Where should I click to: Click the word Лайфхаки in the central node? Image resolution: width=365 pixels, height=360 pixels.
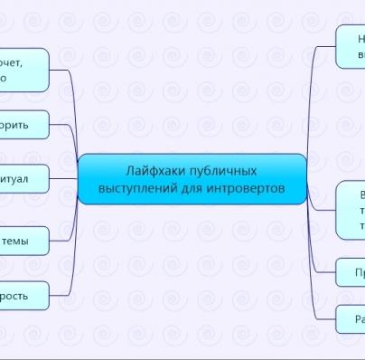click(149, 170)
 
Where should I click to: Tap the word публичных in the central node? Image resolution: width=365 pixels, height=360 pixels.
click(218, 170)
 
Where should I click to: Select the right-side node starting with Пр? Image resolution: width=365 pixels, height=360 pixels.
click(351, 271)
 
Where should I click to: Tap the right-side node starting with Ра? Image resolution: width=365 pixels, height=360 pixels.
click(351, 318)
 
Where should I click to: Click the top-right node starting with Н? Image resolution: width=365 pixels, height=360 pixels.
click(351, 45)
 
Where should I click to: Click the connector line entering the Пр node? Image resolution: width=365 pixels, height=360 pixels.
click(325, 270)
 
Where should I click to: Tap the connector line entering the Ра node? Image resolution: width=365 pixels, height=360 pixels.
click(325, 317)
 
